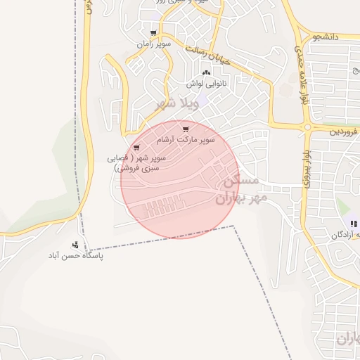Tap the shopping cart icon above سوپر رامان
tap(153, 33)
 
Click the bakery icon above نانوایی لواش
tap(206, 73)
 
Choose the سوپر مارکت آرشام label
tap(189, 139)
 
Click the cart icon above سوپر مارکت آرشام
tap(186, 129)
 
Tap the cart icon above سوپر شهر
tap(136, 148)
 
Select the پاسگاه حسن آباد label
tap(77, 257)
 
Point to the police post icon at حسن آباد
tap(75, 245)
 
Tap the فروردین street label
tap(344, 131)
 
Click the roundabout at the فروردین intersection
tap(307, 127)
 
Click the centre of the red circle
tap(178, 180)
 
